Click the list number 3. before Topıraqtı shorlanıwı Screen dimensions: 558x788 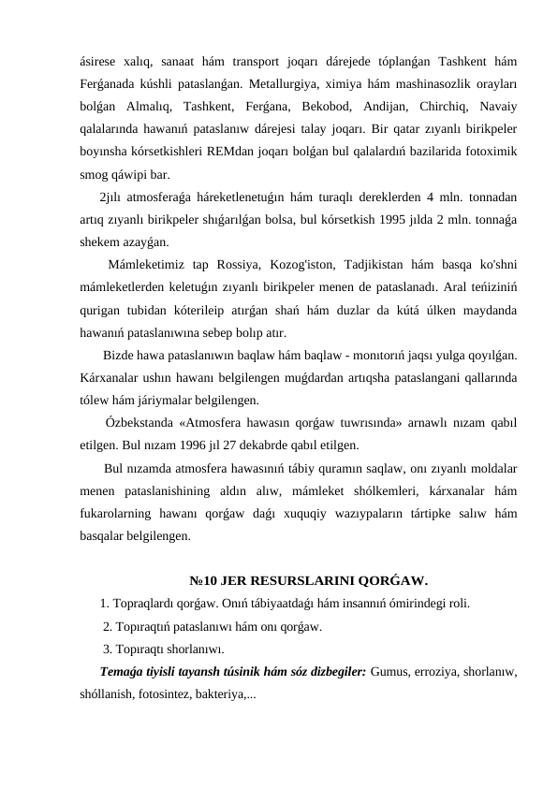[x=109, y=649]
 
